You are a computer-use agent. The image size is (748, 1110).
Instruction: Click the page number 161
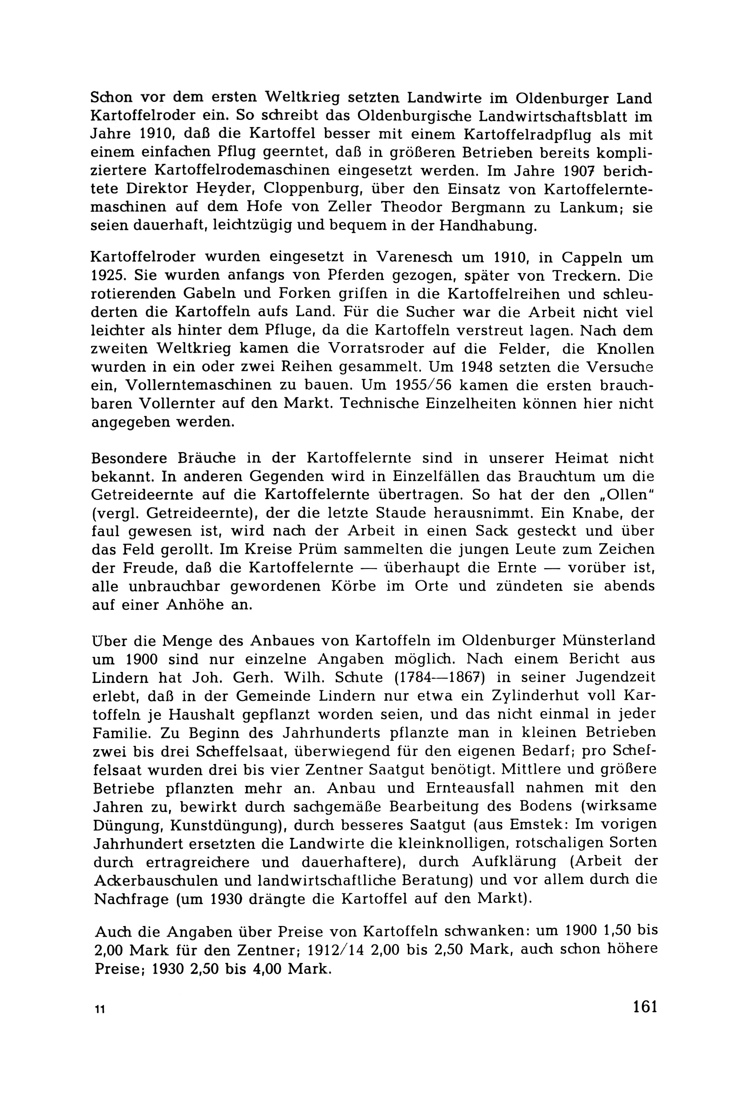tap(645, 1007)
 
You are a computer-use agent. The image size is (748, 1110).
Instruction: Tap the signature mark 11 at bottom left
tap(99, 1009)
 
